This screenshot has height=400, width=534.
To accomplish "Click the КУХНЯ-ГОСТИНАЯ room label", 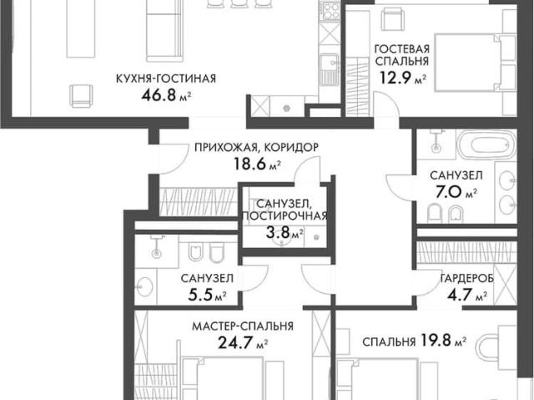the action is [166, 78].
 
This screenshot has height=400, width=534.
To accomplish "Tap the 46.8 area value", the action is [158, 95].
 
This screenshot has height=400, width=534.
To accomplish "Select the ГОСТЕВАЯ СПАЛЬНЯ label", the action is [401, 55].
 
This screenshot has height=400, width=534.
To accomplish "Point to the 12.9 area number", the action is [395, 78].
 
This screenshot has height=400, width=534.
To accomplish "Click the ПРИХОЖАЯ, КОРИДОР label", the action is [257, 148].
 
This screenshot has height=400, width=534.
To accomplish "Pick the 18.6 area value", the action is [249, 164].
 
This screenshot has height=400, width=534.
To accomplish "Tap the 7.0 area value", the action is [449, 192].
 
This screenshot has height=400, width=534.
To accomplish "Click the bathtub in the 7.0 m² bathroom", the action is [487, 145].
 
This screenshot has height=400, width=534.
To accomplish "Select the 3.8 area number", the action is [278, 233].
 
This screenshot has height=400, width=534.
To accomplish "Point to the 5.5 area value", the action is [199, 295].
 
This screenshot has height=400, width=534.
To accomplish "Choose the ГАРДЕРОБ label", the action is [467, 279].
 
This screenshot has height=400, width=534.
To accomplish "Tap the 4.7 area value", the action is [459, 295].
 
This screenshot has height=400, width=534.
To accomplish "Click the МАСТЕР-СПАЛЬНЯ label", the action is [243, 327].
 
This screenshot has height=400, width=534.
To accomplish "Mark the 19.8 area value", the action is [436, 341].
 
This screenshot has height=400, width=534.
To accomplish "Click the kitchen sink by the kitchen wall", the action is [330, 71].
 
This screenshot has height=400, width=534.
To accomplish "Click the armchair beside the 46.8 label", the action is [82, 96].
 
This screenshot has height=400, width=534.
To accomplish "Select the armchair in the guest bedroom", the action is [393, 19].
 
